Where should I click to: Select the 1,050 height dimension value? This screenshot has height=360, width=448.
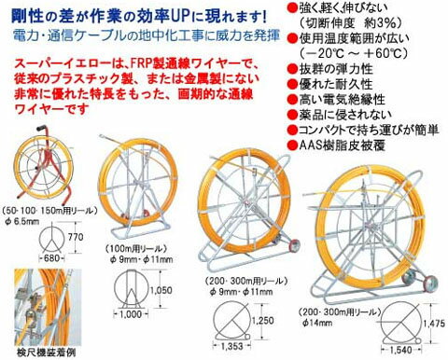163,291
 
